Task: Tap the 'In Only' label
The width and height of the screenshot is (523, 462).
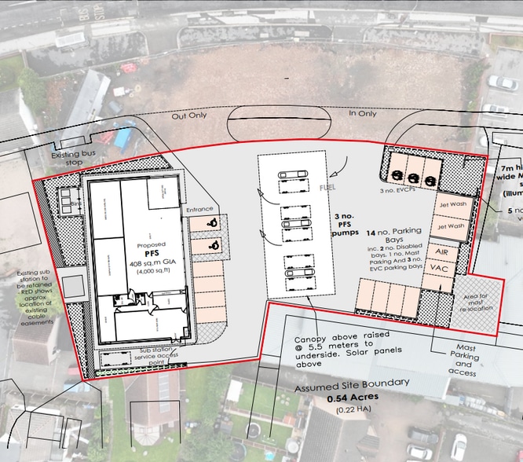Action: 363,114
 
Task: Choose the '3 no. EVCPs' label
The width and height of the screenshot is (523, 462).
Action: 396,191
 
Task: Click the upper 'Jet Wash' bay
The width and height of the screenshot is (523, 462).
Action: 451,203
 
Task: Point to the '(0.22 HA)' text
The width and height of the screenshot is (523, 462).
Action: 353,410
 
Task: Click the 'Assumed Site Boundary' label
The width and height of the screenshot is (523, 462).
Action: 353,384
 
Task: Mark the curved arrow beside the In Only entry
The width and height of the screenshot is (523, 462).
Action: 339,165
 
